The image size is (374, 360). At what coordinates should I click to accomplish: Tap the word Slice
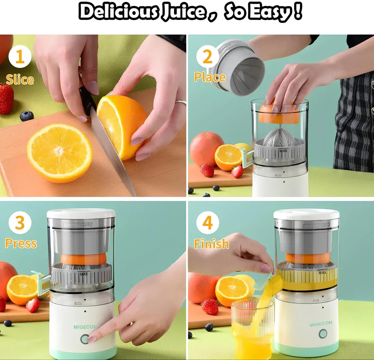[20, 80]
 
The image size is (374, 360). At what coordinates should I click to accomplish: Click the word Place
[210, 77]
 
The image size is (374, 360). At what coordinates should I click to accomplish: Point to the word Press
[21, 243]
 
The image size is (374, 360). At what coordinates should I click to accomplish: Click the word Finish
[211, 243]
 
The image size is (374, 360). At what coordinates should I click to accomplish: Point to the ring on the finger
[181, 102]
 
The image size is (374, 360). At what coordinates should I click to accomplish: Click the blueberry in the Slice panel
[27, 116]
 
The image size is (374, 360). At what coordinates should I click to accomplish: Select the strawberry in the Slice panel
[6, 99]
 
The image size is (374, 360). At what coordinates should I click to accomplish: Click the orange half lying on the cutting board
[60, 153]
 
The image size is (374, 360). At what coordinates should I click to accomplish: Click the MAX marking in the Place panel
[283, 151]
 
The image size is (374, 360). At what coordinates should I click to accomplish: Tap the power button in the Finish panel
[323, 334]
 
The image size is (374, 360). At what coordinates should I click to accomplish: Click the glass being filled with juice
[252, 328]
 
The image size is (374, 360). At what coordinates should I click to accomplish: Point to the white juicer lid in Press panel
[81, 213]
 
